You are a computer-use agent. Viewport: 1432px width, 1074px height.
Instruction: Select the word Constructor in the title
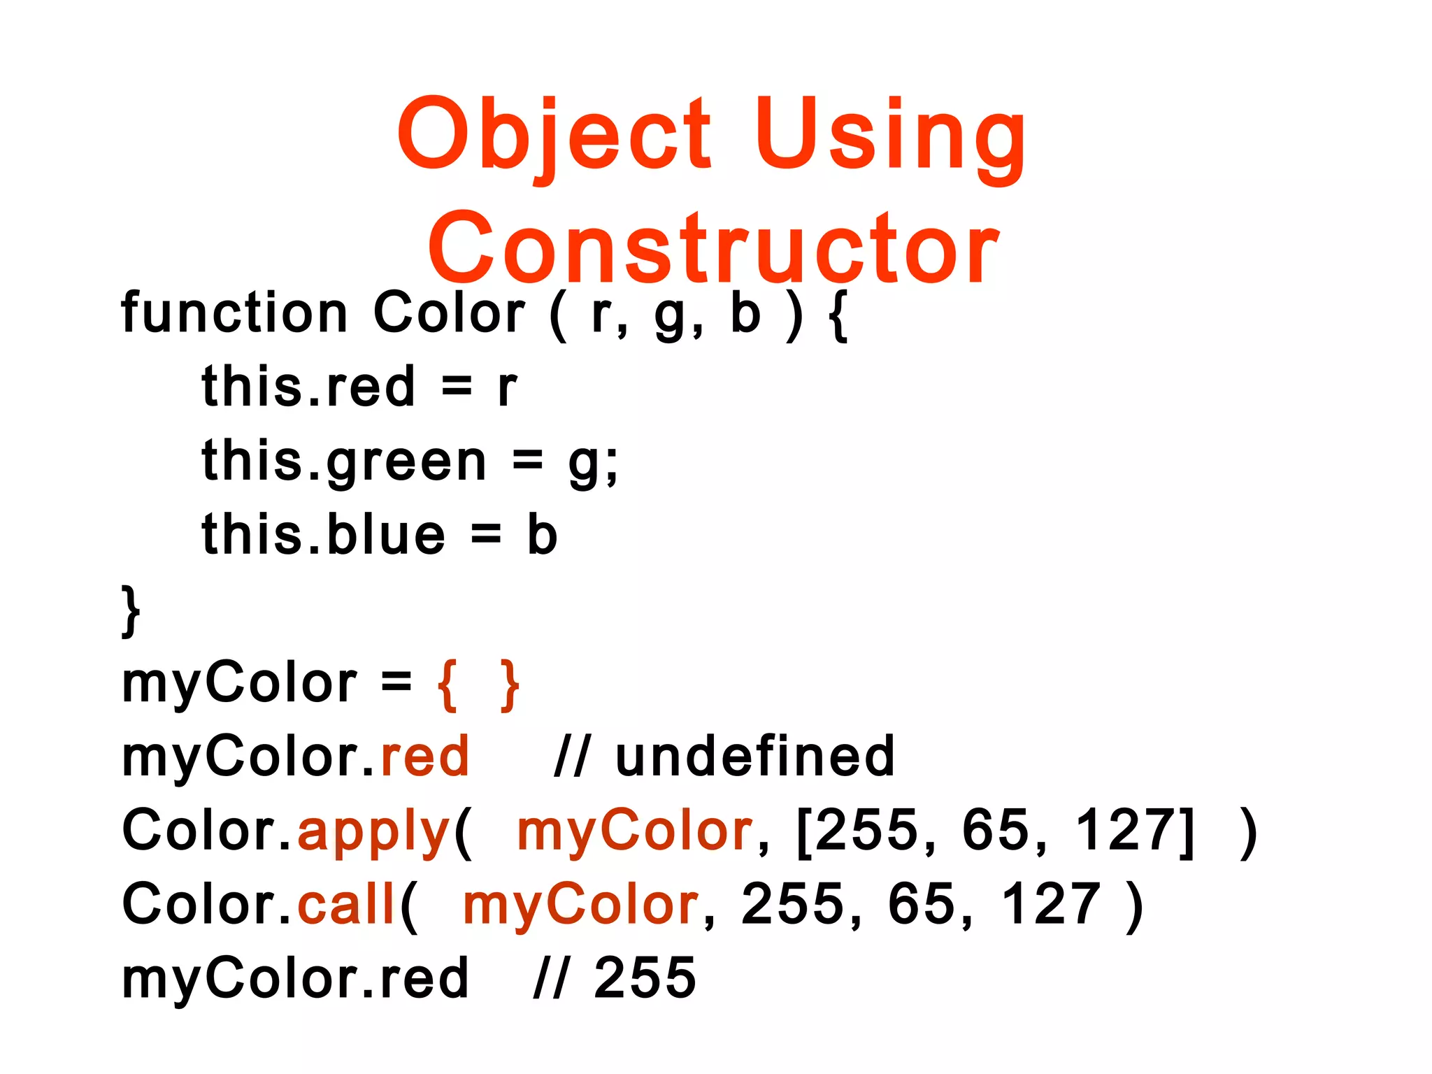tap(714, 249)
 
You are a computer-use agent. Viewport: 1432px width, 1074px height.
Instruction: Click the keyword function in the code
tap(234, 313)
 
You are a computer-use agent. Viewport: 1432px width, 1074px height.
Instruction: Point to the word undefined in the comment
tap(754, 757)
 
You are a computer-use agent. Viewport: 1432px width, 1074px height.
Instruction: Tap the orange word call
tap(347, 905)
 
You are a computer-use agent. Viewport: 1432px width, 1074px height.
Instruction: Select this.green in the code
tap(343, 462)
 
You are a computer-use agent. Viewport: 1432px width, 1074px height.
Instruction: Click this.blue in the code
tap(323, 536)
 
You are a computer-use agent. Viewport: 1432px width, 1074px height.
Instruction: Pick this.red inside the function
tap(308, 387)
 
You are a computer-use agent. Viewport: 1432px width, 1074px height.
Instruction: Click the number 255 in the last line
tap(645, 978)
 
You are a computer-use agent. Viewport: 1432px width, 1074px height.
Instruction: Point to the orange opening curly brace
tap(447, 685)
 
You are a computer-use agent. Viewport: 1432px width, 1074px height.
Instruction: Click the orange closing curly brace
tap(510, 685)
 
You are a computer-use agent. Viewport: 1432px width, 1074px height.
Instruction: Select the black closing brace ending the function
tap(131, 610)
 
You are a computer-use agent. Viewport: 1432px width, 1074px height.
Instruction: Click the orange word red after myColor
tap(424, 757)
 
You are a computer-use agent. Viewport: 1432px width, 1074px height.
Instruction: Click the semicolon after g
tap(611, 467)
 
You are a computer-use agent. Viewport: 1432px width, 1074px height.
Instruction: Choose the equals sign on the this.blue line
tap(486, 536)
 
